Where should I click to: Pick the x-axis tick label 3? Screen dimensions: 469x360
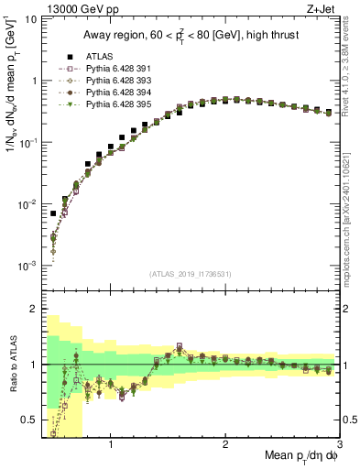coord(340,444)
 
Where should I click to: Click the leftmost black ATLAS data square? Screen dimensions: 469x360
coord(53,213)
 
